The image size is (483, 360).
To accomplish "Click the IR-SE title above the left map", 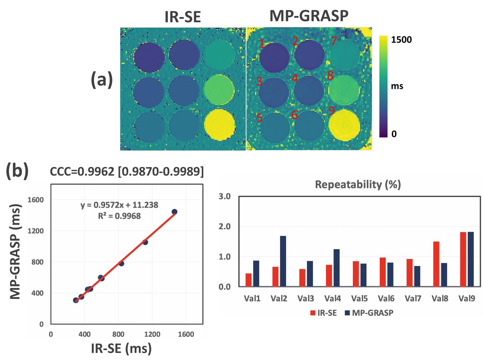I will [182, 17].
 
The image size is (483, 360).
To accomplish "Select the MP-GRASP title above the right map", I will [309, 16].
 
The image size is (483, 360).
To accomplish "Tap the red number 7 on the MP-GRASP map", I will [333, 41].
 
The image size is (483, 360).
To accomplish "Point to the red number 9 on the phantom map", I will [331, 111].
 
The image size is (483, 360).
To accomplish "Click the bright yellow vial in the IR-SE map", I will [220, 125].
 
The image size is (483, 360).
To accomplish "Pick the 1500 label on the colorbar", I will [401, 40].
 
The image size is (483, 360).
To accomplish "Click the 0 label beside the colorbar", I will [394, 134].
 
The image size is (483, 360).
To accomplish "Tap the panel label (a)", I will [102, 79].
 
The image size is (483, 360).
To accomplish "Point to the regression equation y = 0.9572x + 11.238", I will [119, 205].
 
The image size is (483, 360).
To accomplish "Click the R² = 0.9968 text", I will [119, 216].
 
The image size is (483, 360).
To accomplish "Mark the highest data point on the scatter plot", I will [174, 212].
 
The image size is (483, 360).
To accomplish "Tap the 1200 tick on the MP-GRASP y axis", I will [36, 231].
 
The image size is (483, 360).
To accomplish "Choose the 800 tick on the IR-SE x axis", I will [118, 334].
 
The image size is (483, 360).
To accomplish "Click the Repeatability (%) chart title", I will [358, 184].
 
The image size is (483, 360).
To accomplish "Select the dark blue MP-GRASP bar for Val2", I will [283, 261].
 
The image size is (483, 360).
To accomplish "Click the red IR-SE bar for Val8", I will [436, 264].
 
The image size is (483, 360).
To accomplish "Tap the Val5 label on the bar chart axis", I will [359, 299].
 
